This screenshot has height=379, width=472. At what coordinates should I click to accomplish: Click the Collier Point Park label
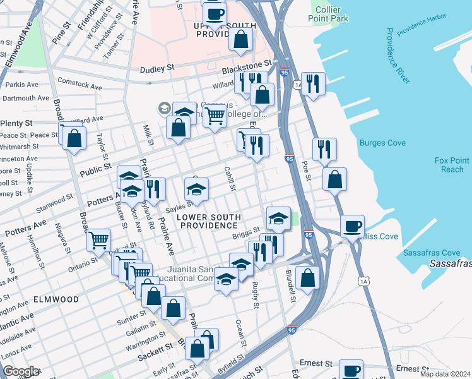[x=332, y=14]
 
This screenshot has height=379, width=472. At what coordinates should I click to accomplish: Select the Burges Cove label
[x=382, y=143]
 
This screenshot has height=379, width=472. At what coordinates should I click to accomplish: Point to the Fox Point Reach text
[x=449, y=165]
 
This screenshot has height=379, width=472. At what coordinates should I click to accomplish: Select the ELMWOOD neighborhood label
[x=56, y=299]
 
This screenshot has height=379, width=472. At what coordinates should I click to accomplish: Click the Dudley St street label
[x=157, y=69]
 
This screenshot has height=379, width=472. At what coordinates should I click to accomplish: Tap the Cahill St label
[x=230, y=179]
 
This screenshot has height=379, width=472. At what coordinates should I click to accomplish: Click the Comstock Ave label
[x=80, y=83]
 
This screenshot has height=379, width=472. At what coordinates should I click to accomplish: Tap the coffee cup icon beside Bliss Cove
[x=353, y=226]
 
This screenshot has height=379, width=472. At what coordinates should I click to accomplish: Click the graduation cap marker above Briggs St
[x=278, y=219]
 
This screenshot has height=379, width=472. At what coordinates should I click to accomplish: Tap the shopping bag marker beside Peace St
[x=74, y=138]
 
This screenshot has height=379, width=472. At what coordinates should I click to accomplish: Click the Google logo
[x=21, y=371]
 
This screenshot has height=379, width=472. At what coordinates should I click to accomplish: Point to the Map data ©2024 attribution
[x=445, y=374]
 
